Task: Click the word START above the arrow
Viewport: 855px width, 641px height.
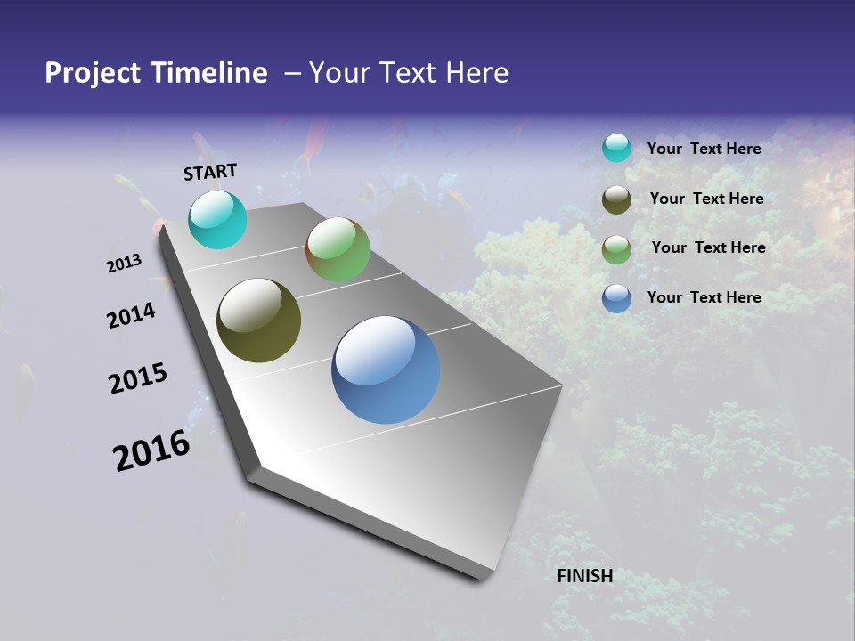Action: pyautogui.click(x=210, y=172)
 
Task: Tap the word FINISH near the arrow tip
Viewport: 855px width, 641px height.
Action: pyautogui.click(x=585, y=576)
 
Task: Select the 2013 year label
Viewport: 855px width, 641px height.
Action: pyautogui.click(x=125, y=264)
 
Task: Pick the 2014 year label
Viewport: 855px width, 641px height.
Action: pyautogui.click(x=131, y=316)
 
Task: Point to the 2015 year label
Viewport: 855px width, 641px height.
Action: pyautogui.click(x=138, y=378)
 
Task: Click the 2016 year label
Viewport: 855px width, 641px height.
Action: pyautogui.click(x=151, y=450)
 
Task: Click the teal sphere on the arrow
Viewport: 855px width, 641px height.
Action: pyautogui.click(x=217, y=219)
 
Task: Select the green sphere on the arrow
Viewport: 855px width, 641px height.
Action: pyautogui.click(x=338, y=249)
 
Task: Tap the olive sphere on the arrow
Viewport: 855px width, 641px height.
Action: pyautogui.click(x=258, y=320)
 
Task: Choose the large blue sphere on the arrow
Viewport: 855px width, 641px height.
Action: pyautogui.click(x=386, y=369)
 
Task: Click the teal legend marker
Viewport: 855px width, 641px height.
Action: pyautogui.click(x=616, y=148)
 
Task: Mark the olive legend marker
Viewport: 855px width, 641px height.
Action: pyautogui.click(x=616, y=199)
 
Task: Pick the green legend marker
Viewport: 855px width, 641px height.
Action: pyautogui.click(x=616, y=249)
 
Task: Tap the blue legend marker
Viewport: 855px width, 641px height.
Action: pyautogui.click(x=616, y=299)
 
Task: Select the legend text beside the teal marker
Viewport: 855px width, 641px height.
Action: pyautogui.click(x=704, y=149)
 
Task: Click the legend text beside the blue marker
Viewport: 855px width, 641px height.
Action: pyautogui.click(x=704, y=297)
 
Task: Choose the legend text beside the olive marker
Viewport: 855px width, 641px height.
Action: pyautogui.click(x=706, y=199)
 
